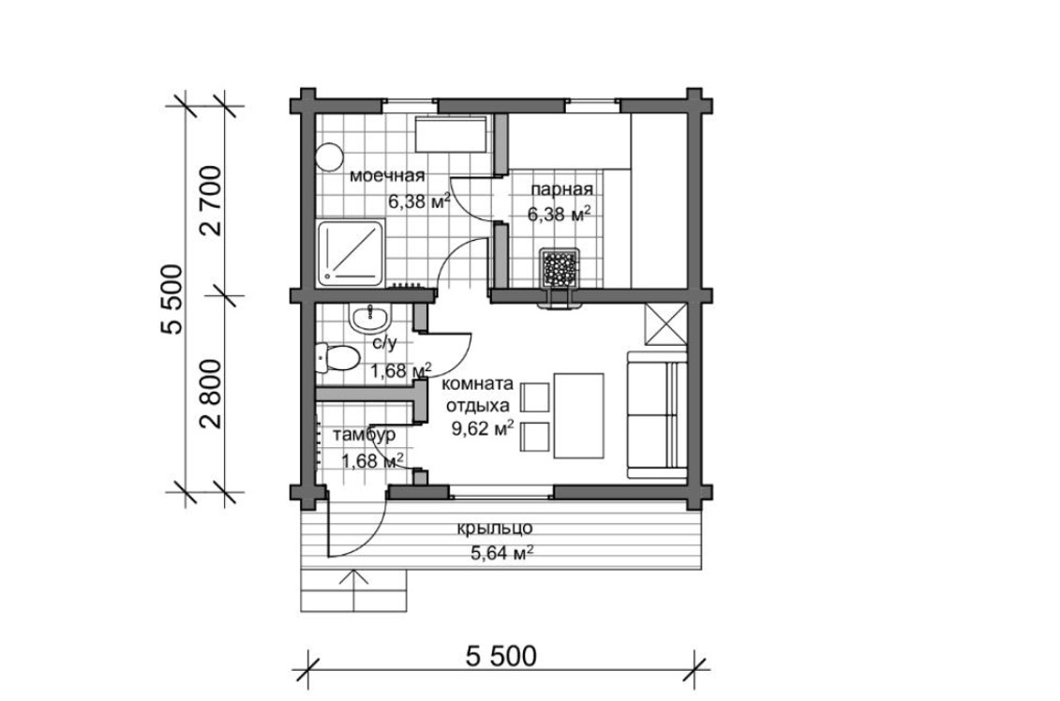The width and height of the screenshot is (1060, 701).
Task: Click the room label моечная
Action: [x=387, y=176]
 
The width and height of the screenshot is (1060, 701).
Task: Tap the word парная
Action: [x=561, y=189]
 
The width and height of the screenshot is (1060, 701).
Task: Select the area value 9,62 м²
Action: [x=482, y=428]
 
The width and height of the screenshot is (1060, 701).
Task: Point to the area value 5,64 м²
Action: [x=501, y=554]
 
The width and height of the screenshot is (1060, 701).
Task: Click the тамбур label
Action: [x=364, y=435]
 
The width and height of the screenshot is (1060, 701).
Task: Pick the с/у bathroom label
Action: [x=384, y=343]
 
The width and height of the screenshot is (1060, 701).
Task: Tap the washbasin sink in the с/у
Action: [x=369, y=318]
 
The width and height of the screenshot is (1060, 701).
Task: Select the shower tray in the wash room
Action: [x=351, y=252]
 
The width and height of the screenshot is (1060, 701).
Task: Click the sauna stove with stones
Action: [x=560, y=270]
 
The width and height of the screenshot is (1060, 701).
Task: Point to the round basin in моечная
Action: [x=329, y=157]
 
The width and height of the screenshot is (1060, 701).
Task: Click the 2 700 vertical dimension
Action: [x=210, y=201]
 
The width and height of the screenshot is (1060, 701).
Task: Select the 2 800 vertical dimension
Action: [x=210, y=394]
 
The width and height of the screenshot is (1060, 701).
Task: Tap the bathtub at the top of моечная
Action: [x=450, y=134]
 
